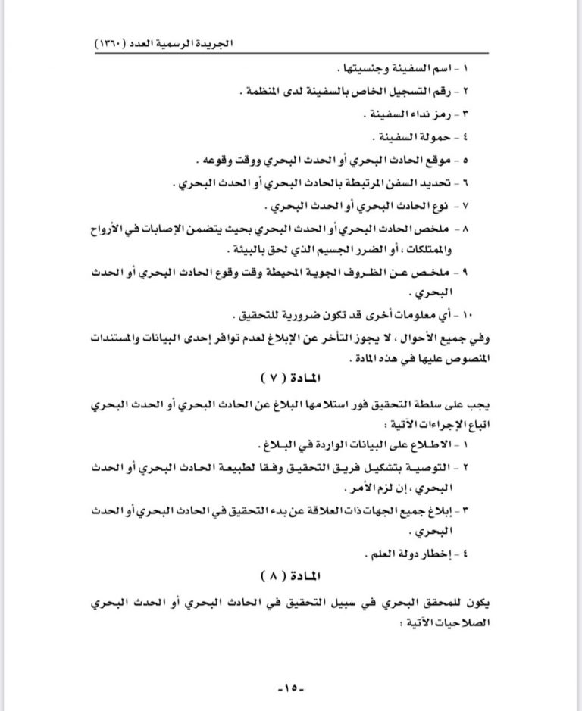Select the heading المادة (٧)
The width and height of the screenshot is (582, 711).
[x=290, y=376]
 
